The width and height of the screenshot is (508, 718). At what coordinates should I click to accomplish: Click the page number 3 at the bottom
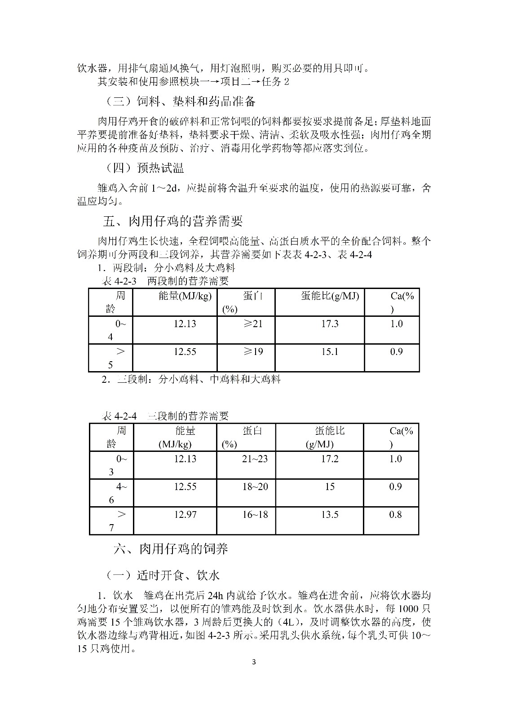point(254,662)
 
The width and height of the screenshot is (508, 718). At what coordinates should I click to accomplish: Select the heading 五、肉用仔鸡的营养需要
point(173,221)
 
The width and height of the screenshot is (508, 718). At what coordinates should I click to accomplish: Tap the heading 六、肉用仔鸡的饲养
point(171,548)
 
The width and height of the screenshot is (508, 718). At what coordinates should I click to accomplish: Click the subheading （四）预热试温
point(145,168)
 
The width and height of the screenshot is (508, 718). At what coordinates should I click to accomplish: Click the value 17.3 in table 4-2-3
point(330,324)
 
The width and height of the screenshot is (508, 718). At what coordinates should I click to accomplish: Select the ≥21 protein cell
point(253,324)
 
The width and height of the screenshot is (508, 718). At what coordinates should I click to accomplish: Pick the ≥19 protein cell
point(253,351)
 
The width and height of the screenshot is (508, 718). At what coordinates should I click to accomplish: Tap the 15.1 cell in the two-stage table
point(330,351)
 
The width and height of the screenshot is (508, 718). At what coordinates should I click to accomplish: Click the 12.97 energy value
point(185,514)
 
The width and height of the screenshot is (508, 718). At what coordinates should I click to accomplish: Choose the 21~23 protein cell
point(255,459)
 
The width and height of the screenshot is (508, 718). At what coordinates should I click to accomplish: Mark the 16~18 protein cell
point(255,514)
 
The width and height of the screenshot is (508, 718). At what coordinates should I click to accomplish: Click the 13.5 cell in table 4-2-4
point(330,514)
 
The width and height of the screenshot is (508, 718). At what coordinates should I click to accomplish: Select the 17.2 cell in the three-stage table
point(330,459)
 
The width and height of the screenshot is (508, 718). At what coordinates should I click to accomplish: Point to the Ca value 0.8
point(395,514)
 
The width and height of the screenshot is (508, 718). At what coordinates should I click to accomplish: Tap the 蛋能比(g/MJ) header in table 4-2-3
point(330,296)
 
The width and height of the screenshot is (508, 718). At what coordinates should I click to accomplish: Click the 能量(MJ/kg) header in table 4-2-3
point(185,296)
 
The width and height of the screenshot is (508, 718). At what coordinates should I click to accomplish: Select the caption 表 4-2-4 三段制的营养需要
point(165,416)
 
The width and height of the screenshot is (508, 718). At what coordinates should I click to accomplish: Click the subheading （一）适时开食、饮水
point(163,575)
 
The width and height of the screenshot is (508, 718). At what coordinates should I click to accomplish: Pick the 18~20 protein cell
point(255,486)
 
